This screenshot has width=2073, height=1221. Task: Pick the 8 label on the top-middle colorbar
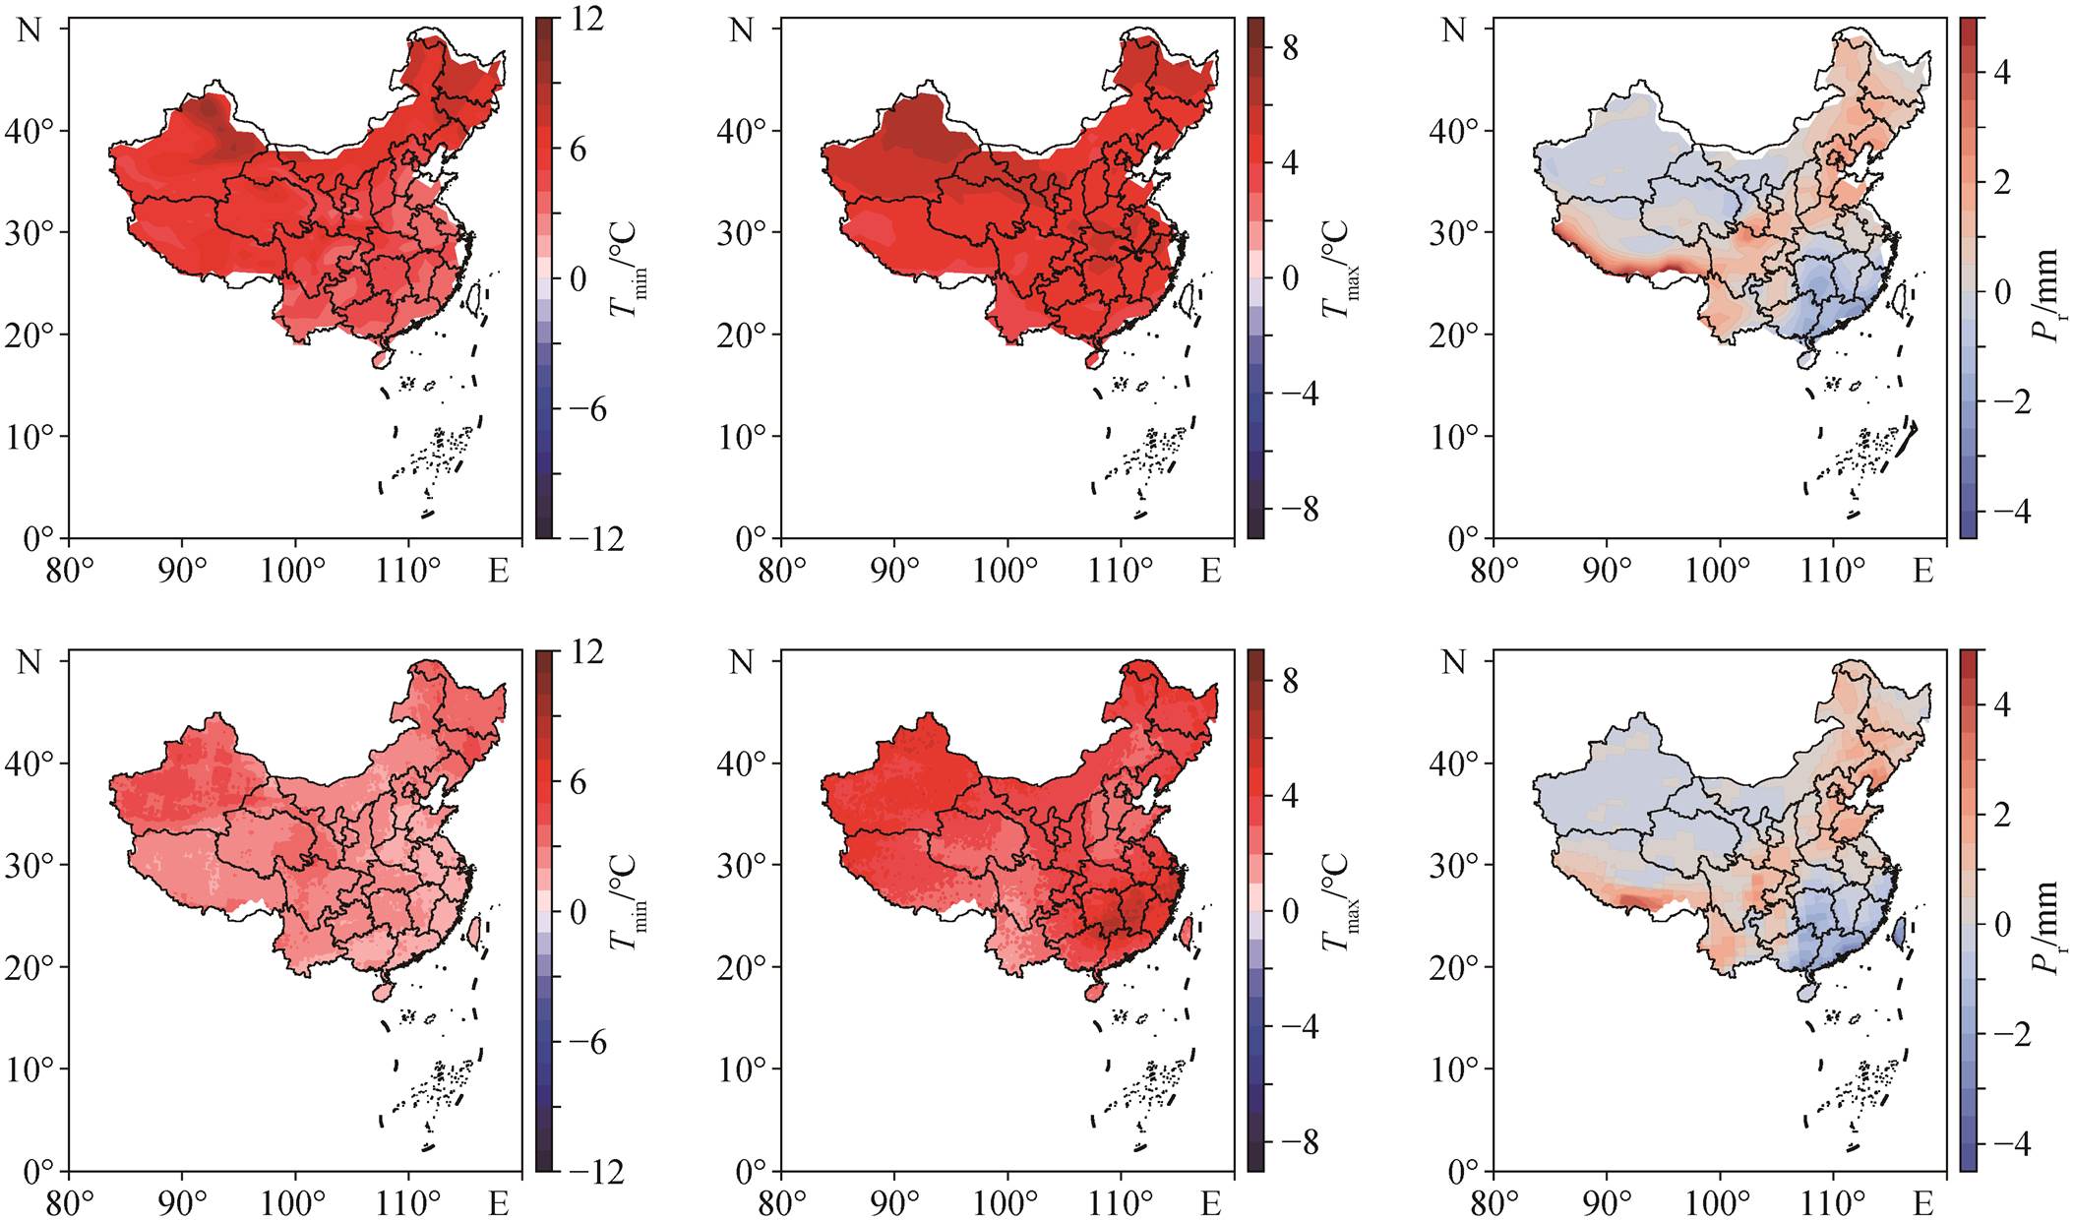[1290, 47]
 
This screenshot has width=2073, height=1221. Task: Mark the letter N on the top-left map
[30, 30]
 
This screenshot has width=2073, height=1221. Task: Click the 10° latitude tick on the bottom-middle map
[742, 1069]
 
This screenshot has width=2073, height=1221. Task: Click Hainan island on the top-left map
[381, 359]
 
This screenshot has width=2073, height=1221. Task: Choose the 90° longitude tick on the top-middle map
[893, 571]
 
